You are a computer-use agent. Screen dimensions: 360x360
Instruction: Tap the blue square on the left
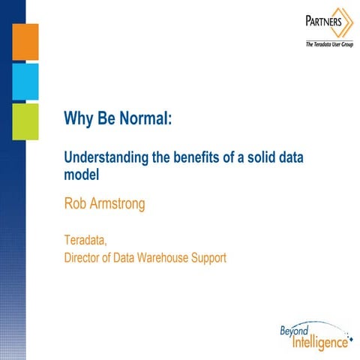(x=25, y=81)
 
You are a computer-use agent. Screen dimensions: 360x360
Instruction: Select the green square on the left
(x=25, y=121)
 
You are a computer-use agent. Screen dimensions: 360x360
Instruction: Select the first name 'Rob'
(x=77, y=202)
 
